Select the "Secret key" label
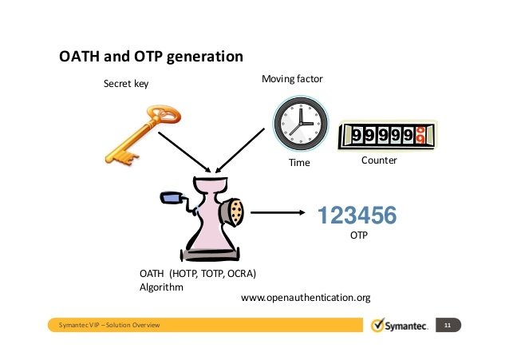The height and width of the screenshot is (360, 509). [126, 83]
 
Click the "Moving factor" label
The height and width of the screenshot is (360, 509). [292, 80]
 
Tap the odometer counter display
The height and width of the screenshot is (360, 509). [388, 136]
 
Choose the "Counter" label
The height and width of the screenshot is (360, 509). [379, 160]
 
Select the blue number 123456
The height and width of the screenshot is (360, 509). [357, 216]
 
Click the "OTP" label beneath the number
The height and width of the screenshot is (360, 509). [360, 236]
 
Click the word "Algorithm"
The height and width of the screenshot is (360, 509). [162, 287]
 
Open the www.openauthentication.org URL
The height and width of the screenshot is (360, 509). [306, 298]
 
